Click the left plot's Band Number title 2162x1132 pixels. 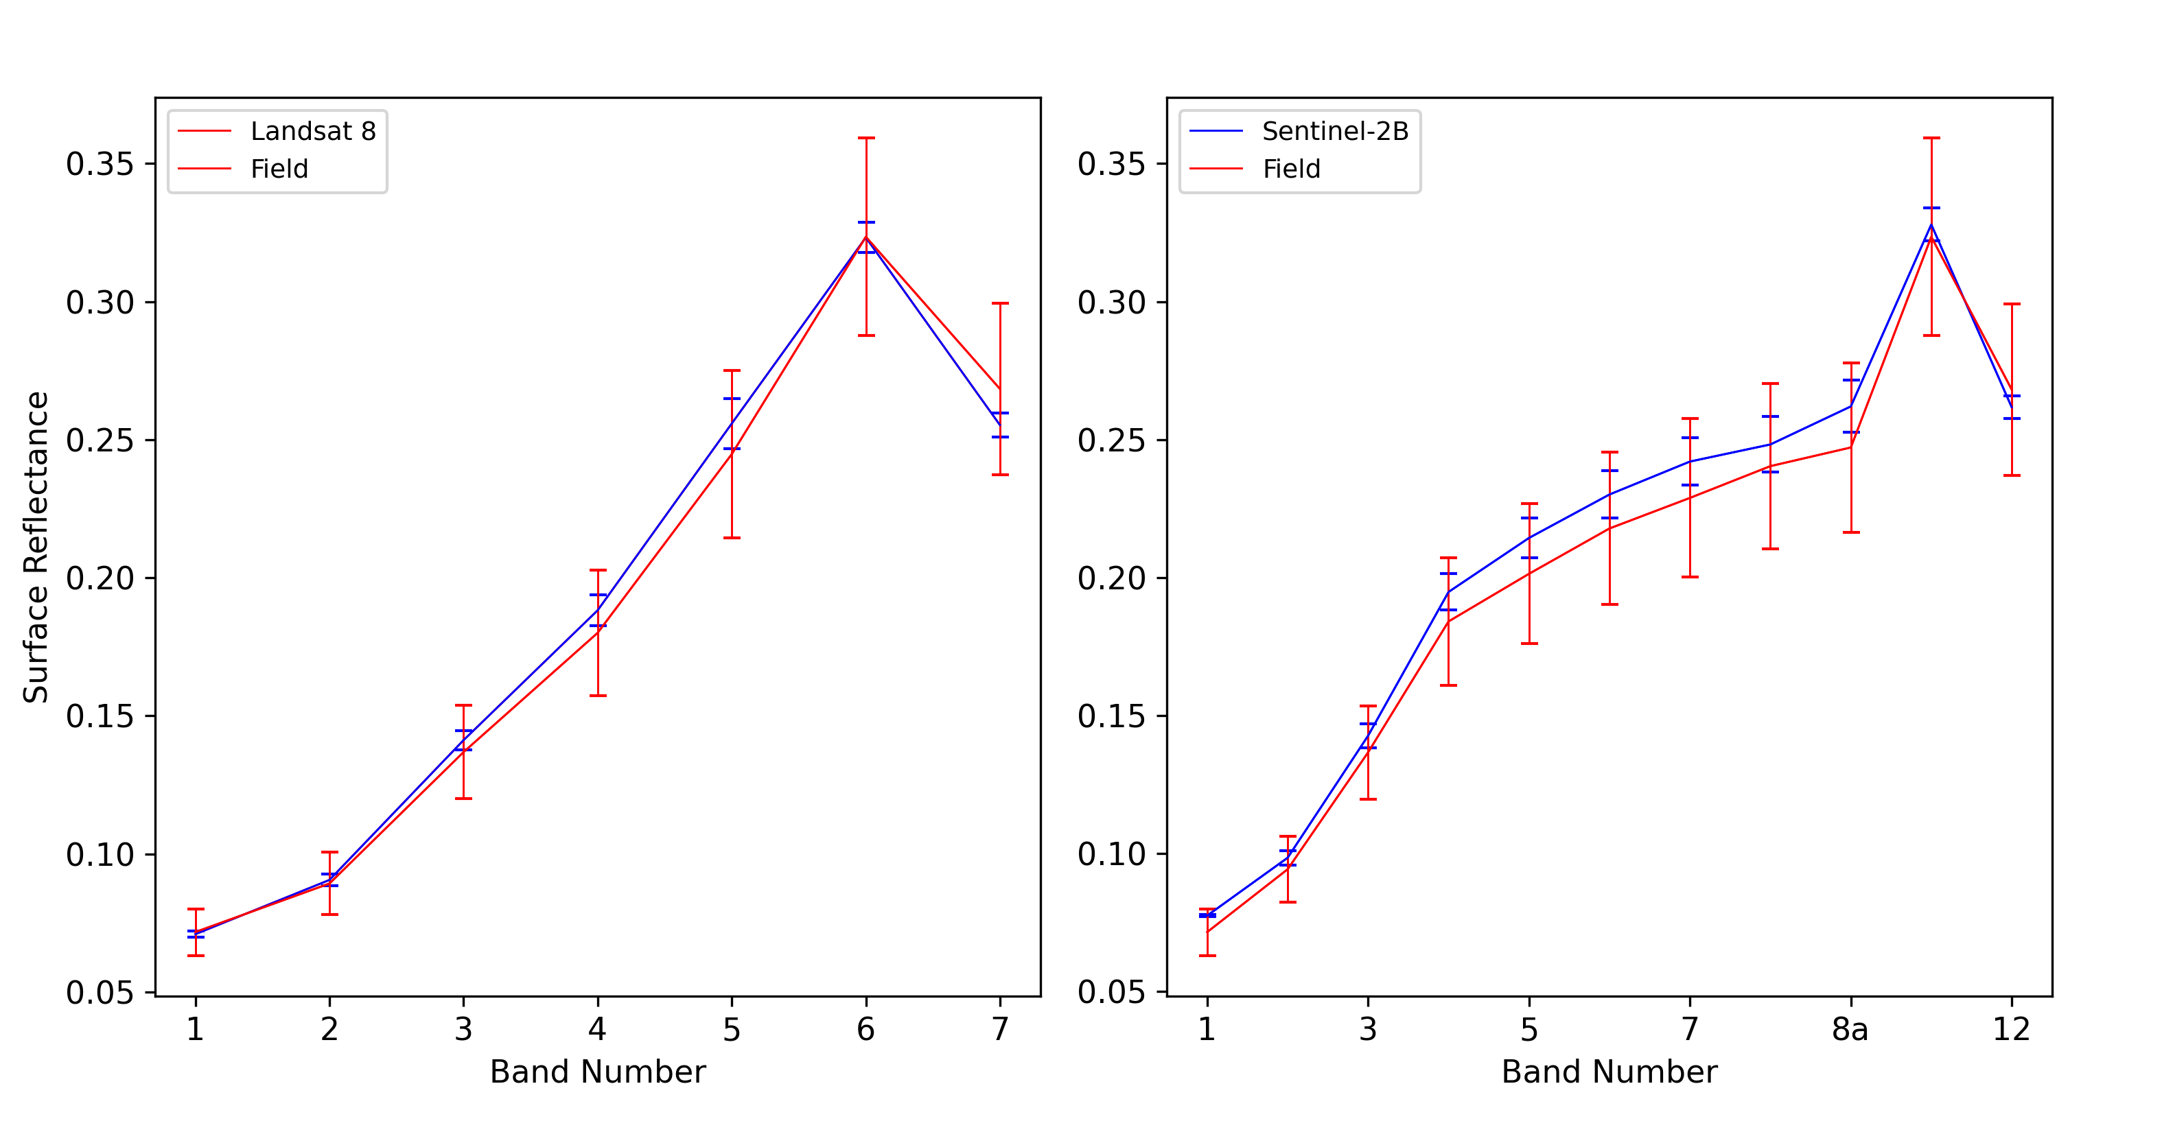pos(598,1072)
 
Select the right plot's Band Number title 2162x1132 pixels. pos(1609,1072)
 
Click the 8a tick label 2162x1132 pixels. pos(1850,1029)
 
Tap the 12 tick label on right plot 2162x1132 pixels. pos(2011,1029)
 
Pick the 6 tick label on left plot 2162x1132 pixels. pos(865,1029)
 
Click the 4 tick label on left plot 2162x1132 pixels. pos(598,1029)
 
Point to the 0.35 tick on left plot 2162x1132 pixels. pos(100,164)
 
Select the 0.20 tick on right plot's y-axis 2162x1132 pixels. pos(1111,578)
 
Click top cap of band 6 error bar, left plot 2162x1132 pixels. pos(866,138)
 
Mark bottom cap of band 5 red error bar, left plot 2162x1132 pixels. pos(732,538)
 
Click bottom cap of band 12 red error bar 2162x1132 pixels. pos(2012,476)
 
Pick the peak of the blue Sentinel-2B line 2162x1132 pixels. pos(1931,224)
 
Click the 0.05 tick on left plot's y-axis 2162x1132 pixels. pos(100,993)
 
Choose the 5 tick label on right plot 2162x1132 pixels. pos(1528,1029)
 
